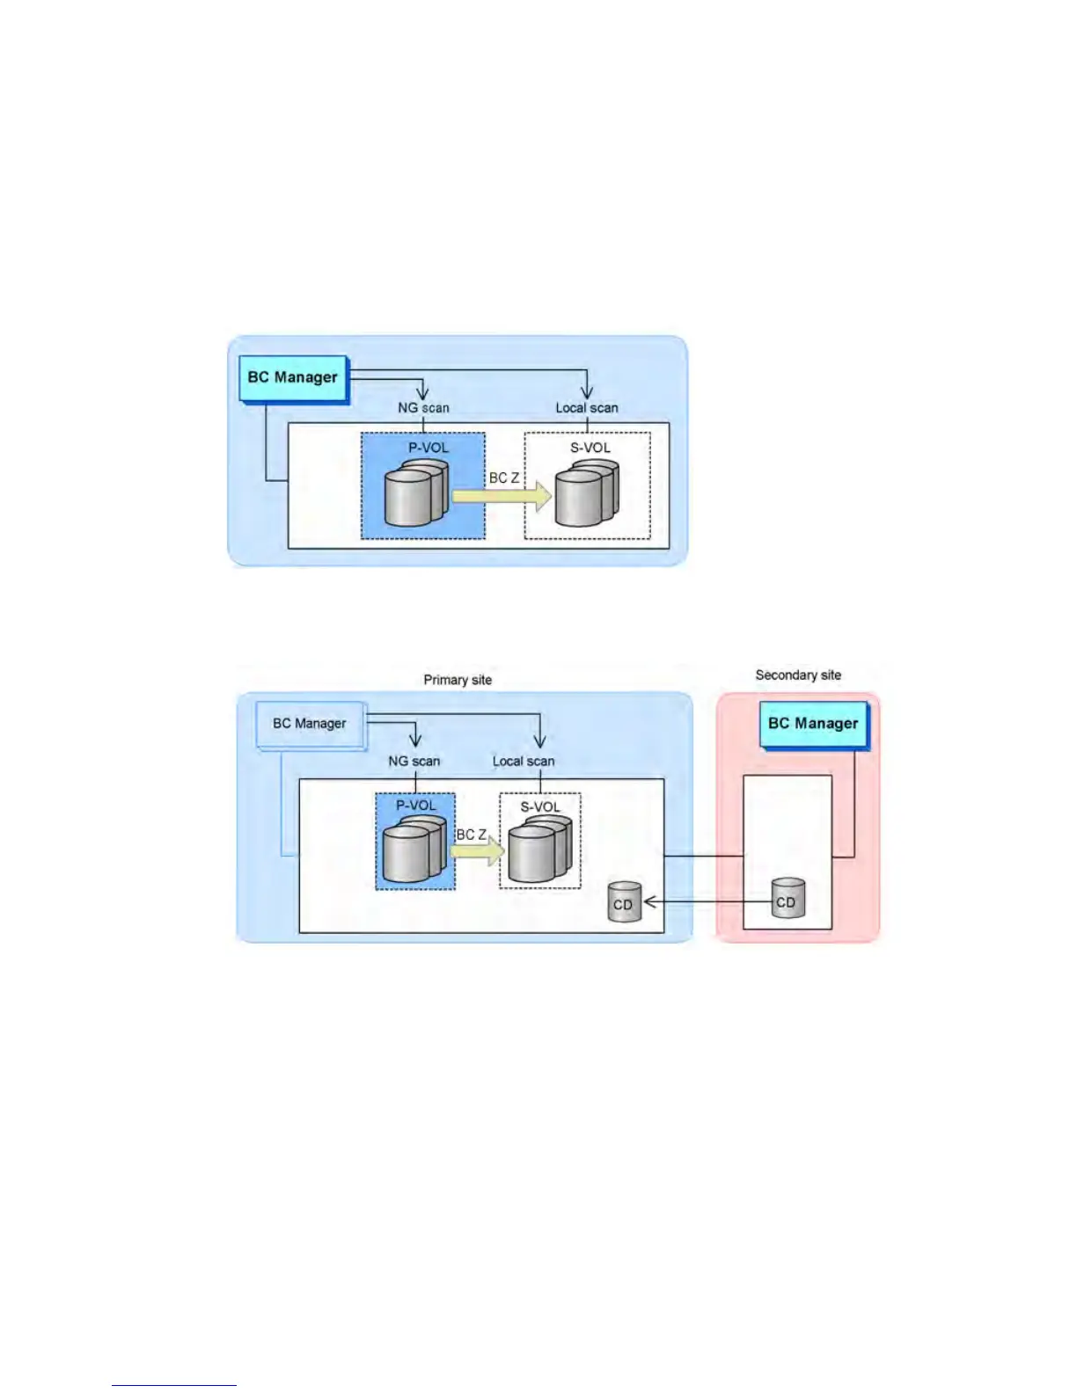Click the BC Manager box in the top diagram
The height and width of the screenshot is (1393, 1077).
293,378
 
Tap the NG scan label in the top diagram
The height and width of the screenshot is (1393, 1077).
423,408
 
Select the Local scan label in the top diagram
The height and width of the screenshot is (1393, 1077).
587,408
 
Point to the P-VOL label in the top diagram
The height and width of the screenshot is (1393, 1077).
429,448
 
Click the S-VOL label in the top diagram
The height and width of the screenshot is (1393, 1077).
590,448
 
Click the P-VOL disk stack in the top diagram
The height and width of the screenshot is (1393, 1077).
416,494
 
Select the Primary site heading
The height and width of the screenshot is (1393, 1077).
458,680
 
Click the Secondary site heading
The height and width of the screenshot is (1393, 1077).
798,675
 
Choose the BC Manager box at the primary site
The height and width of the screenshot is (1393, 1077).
310,724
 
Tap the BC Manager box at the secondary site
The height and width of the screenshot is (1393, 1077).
813,724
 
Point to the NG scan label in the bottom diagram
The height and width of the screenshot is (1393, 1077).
414,762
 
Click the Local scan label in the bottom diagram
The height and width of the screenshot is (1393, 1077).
524,762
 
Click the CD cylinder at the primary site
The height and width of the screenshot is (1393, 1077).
623,902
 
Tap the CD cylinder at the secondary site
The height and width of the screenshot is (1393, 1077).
787,899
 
